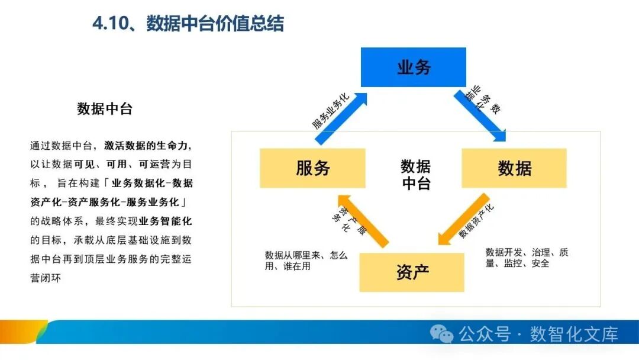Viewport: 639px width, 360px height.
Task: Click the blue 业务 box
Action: [414, 67]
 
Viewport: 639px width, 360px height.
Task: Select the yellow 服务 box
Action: [312, 168]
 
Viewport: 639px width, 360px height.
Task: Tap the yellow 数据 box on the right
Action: [514, 168]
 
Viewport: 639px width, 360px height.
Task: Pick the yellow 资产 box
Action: [412, 272]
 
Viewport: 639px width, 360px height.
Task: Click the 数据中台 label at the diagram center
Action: [416, 175]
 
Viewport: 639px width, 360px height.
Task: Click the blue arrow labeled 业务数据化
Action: [480, 115]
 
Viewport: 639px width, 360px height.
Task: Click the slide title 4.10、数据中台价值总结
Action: [188, 24]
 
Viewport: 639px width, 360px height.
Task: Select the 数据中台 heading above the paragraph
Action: [105, 109]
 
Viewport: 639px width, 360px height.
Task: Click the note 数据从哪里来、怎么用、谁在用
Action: [306, 261]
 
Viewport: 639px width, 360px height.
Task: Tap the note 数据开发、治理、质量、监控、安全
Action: [526, 258]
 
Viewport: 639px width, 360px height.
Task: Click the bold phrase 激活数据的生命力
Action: [147, 145]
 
